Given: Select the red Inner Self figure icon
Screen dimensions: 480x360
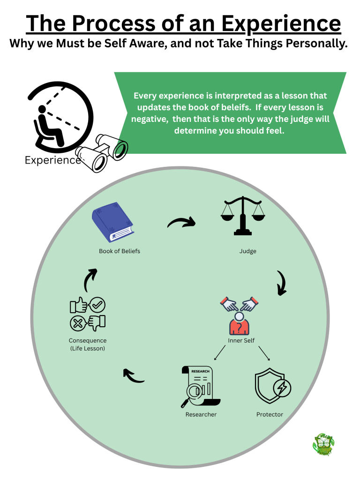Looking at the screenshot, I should coord(240,315).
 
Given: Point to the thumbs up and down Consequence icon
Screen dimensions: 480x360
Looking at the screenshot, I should coord(88,314).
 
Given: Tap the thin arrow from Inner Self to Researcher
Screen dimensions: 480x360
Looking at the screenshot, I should coord(221,353).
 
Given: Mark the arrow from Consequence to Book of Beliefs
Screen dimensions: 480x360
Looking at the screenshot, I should coord(90,280).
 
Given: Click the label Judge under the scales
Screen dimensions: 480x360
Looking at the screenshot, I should coord(247,251).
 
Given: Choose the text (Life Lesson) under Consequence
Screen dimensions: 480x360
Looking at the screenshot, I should coord(88,348).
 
